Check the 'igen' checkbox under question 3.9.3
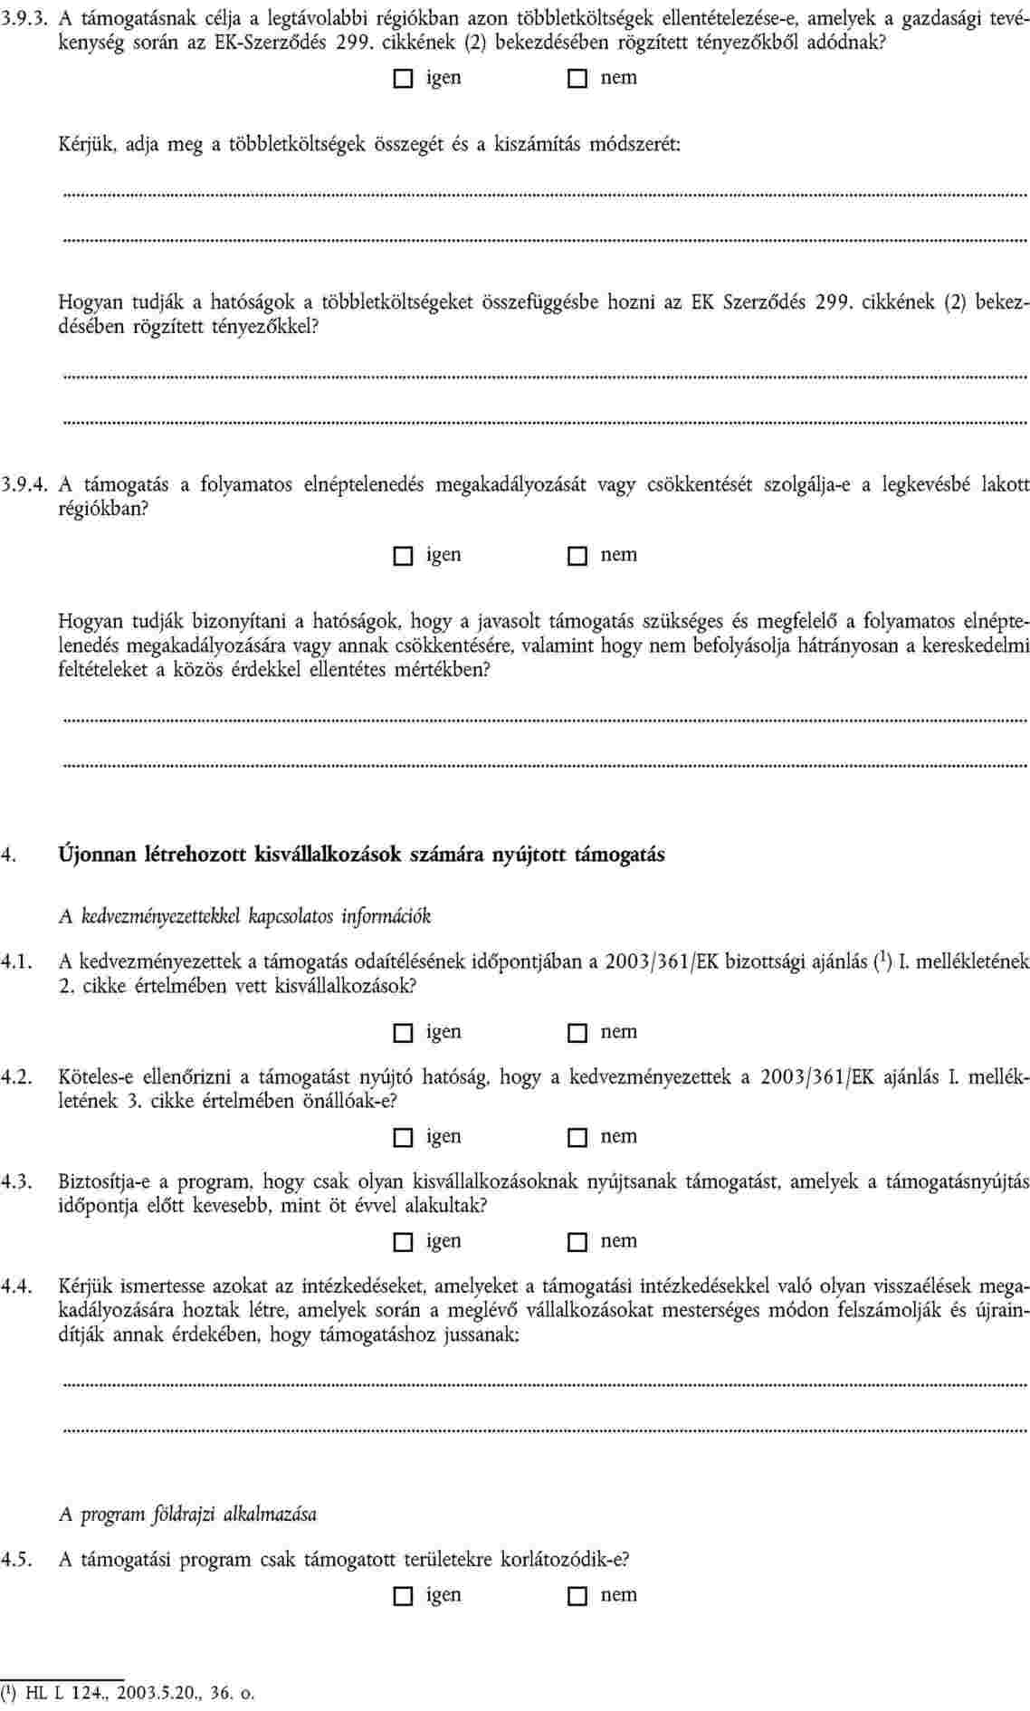[402, 79]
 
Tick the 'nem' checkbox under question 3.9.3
[577, 79]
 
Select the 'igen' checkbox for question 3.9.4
[402, 556]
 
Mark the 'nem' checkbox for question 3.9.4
[577, 556]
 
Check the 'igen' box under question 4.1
[402, 1033]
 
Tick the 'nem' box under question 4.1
[577, 1033]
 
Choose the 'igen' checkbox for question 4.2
[402, 1137]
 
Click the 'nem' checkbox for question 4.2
[577, 1137]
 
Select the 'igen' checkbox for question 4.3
[402, 1242]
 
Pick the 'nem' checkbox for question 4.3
[577, 1242]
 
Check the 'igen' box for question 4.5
[402, 1595]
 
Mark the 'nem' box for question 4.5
[577, 1595]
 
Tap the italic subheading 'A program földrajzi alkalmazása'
[187, 1514]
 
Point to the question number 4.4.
[18, 1285]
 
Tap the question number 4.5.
[18, 1560]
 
